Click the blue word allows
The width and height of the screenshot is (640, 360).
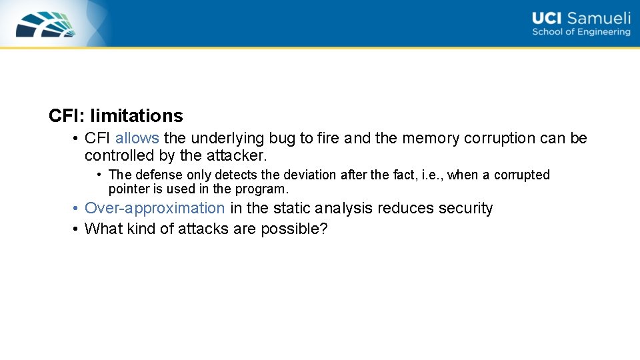pyautogui.click(x=137, y=139)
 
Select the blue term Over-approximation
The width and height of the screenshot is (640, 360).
pyautogui.click(x=155, y=209)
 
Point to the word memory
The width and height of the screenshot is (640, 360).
pyautogui.click(x=431, y=139)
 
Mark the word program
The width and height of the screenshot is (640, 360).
pyautogui.click(x=264, y=189)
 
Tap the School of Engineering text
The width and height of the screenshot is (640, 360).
pyautogui.click(x=581, y=32)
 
